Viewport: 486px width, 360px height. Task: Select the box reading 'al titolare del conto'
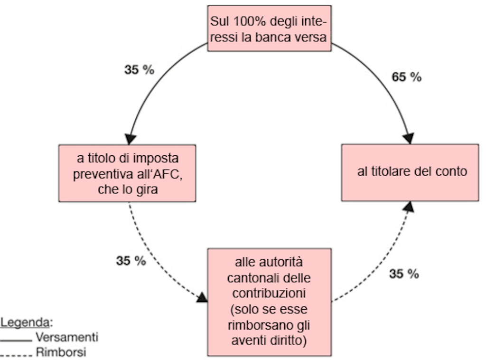click(x=410, y=172)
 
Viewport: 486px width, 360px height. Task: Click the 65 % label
click(x=406, y=77)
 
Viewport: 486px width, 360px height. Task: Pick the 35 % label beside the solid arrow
click(x=139, y=70)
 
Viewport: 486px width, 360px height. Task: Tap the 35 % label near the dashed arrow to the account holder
click(x=404, y=274)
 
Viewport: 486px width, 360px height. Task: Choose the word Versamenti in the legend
click(x=67, y=338)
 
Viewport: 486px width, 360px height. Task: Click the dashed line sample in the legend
click(x=17, y=354)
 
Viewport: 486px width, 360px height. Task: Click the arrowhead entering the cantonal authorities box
click(x=203, y=297)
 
